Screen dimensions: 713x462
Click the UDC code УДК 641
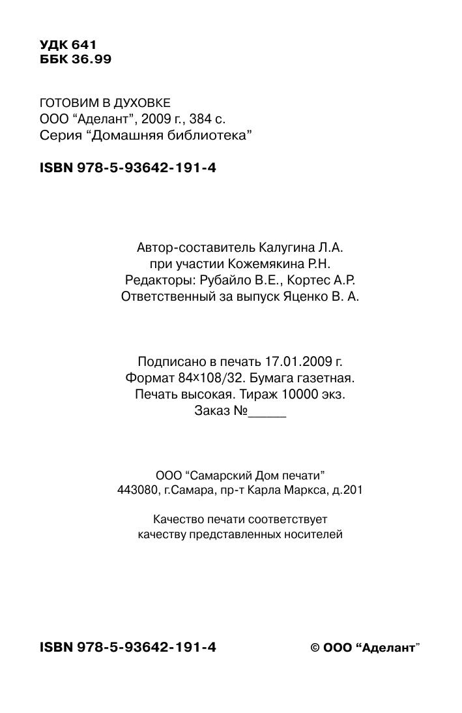(68, 45)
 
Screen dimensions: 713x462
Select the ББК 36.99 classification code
(76, 59)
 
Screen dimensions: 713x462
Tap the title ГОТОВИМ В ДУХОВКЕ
(105, 103)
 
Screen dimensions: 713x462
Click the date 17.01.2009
(296, 361)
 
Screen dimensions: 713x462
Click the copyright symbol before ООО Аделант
(315, 648)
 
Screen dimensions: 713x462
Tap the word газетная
(328, 378)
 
